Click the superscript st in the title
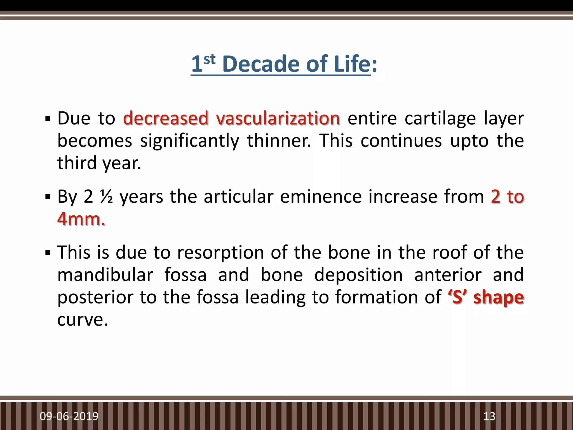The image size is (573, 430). [210, 59]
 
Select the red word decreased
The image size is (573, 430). [166, 118]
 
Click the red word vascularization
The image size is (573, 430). [278, 118]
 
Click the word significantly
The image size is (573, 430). [189, 141]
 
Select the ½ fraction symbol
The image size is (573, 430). [107, 197]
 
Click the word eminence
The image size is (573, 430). [321, 197]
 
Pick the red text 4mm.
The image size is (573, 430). [81, 219]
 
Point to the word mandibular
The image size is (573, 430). [105, 275]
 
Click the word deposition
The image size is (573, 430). [358, 275]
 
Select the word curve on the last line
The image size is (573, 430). [82, 320]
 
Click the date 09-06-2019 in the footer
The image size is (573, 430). [69, 416]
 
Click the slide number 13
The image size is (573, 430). [489, 416]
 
